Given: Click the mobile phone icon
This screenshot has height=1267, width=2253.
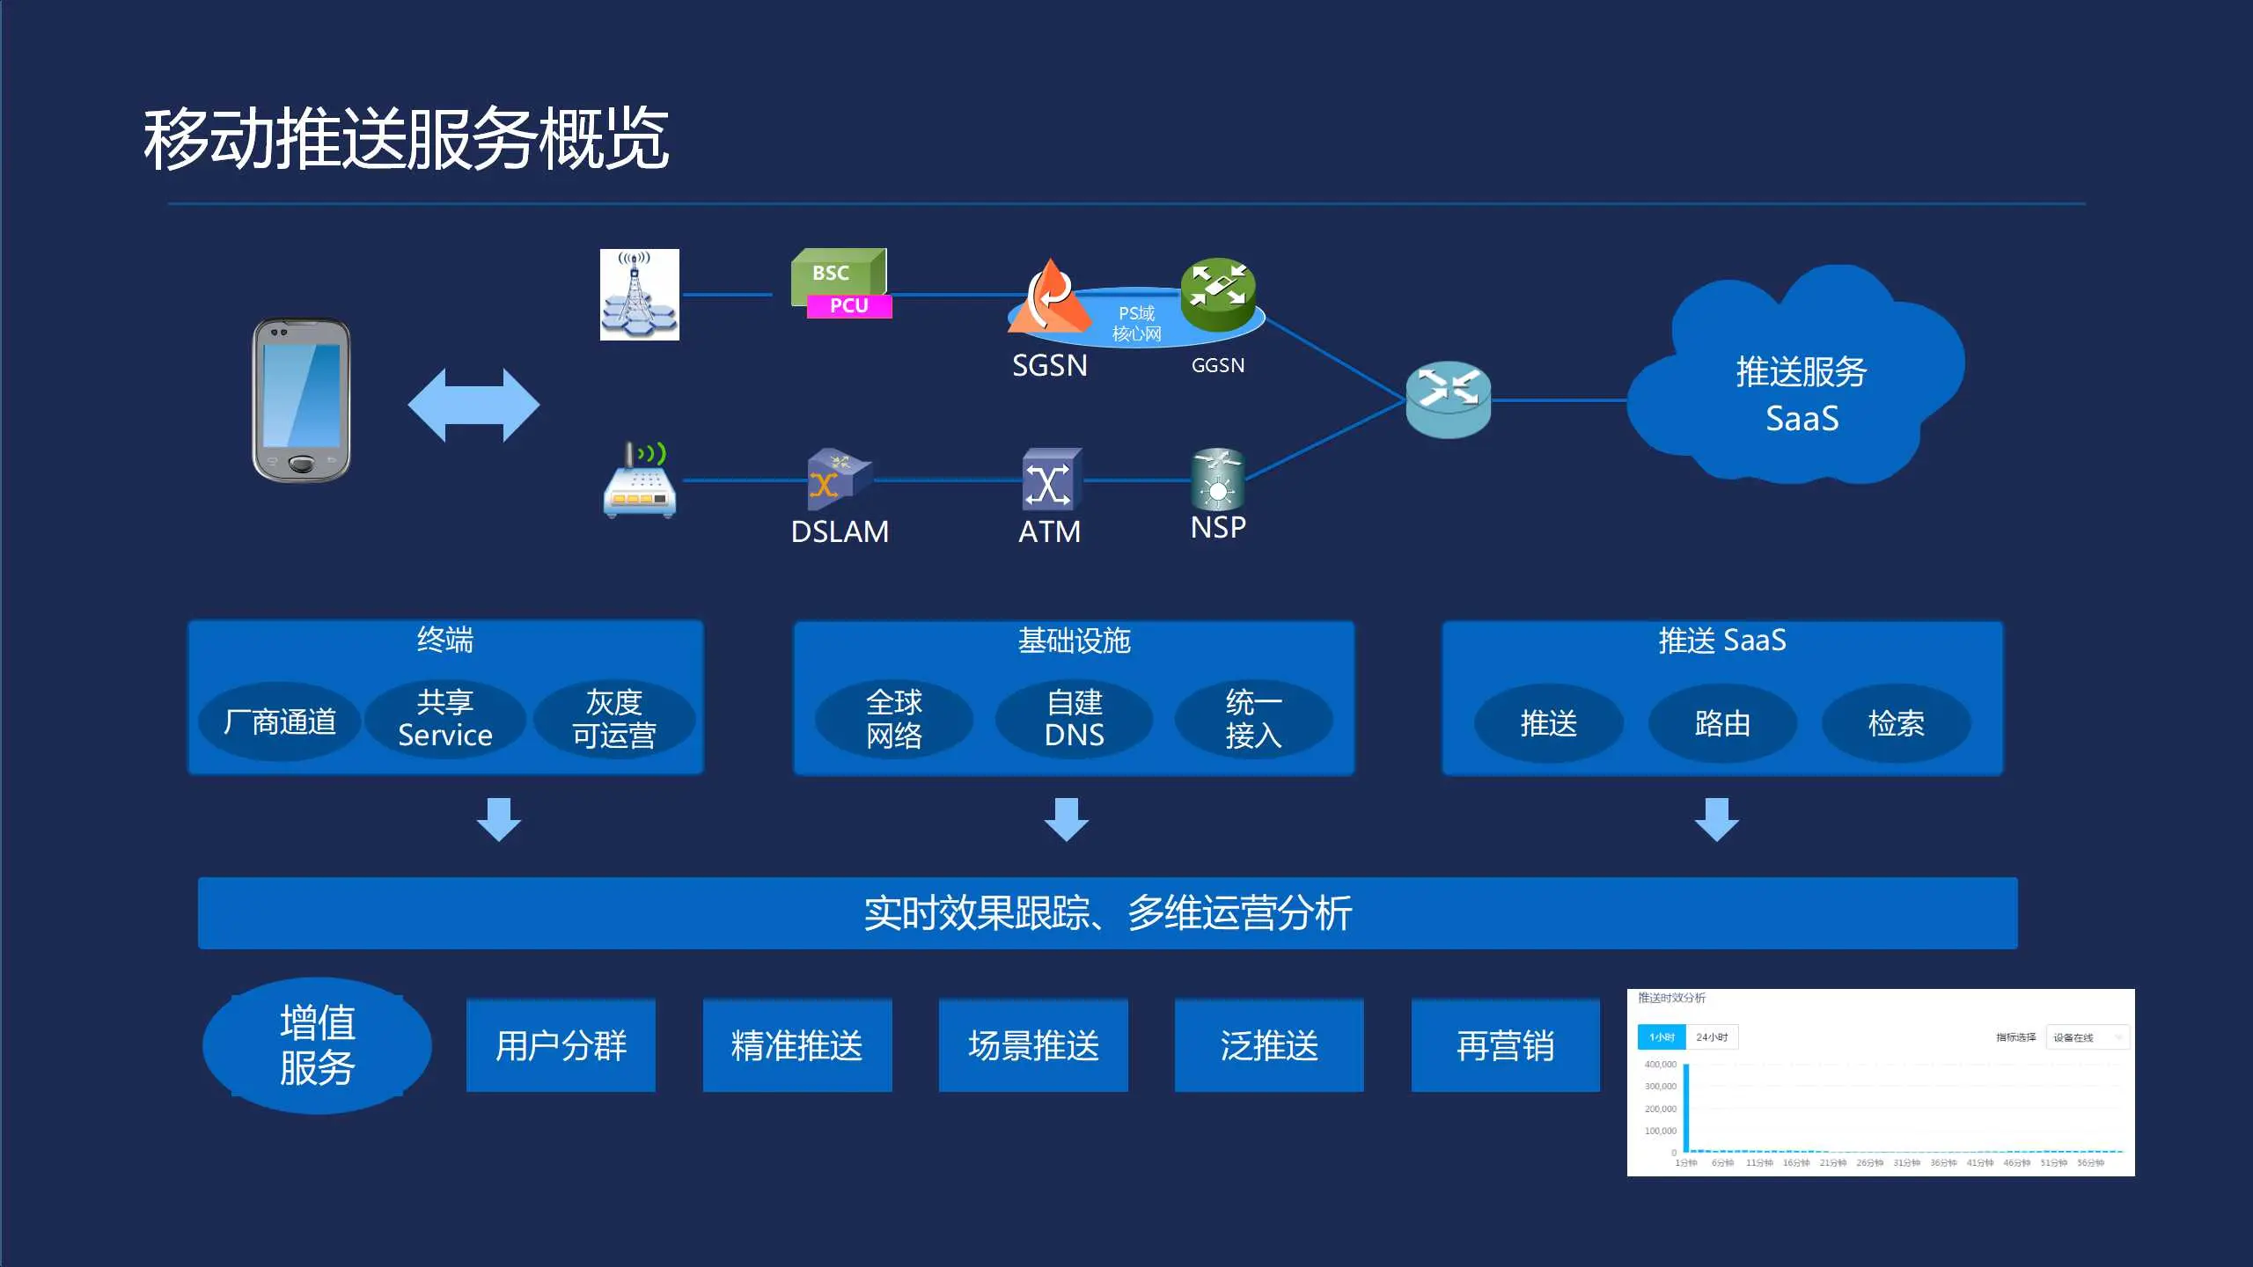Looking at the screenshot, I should pyautogui.click(x=301, y=400).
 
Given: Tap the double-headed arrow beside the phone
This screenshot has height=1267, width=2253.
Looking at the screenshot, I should pyautogui.click(x=473, y=405).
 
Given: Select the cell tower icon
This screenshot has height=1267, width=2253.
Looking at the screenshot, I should pyautogui.click(x=639, y=294).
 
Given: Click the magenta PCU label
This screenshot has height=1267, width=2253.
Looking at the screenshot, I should pyautogui.click(x=848, y=306).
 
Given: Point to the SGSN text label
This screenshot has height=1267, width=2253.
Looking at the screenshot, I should pyautogui.click(x=1049, y=365).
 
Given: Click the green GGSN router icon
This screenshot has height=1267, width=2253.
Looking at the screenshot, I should pyautogui.click(x=1218, y=292).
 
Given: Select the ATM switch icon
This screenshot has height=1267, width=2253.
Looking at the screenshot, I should pyautogui.click(x=1050, y=480).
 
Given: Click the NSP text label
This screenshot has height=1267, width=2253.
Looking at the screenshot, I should pyautogui.click(x=1218, y=528).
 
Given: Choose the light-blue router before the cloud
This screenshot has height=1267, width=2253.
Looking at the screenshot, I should pyautogui.click(x=1448, y=399).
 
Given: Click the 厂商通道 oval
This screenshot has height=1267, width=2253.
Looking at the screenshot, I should pyautogui.click(x=280, y=721).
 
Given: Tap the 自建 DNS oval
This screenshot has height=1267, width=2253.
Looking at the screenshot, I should pyautogui.click(x=1074, y=719).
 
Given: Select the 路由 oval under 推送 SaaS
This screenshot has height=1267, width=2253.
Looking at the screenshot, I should pyautogui.click(x=1721, y=723).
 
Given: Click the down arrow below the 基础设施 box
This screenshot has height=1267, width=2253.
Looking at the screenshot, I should pyautogui.click(x=1067, y=819).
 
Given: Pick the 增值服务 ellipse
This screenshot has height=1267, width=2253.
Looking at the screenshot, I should pyautogui.click(x=317, y=1045).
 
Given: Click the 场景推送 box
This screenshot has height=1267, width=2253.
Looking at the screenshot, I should pyautogui.click(x=1033, y=1045).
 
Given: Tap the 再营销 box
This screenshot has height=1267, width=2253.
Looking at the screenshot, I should pyautogui.click(x=1505, y=1045).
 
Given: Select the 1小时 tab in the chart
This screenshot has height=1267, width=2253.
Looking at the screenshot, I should pyautogui.click(x=1661, y=1037).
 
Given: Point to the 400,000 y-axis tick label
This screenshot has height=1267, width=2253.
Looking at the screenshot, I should pyautogui.click(x=1660, y=1065).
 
